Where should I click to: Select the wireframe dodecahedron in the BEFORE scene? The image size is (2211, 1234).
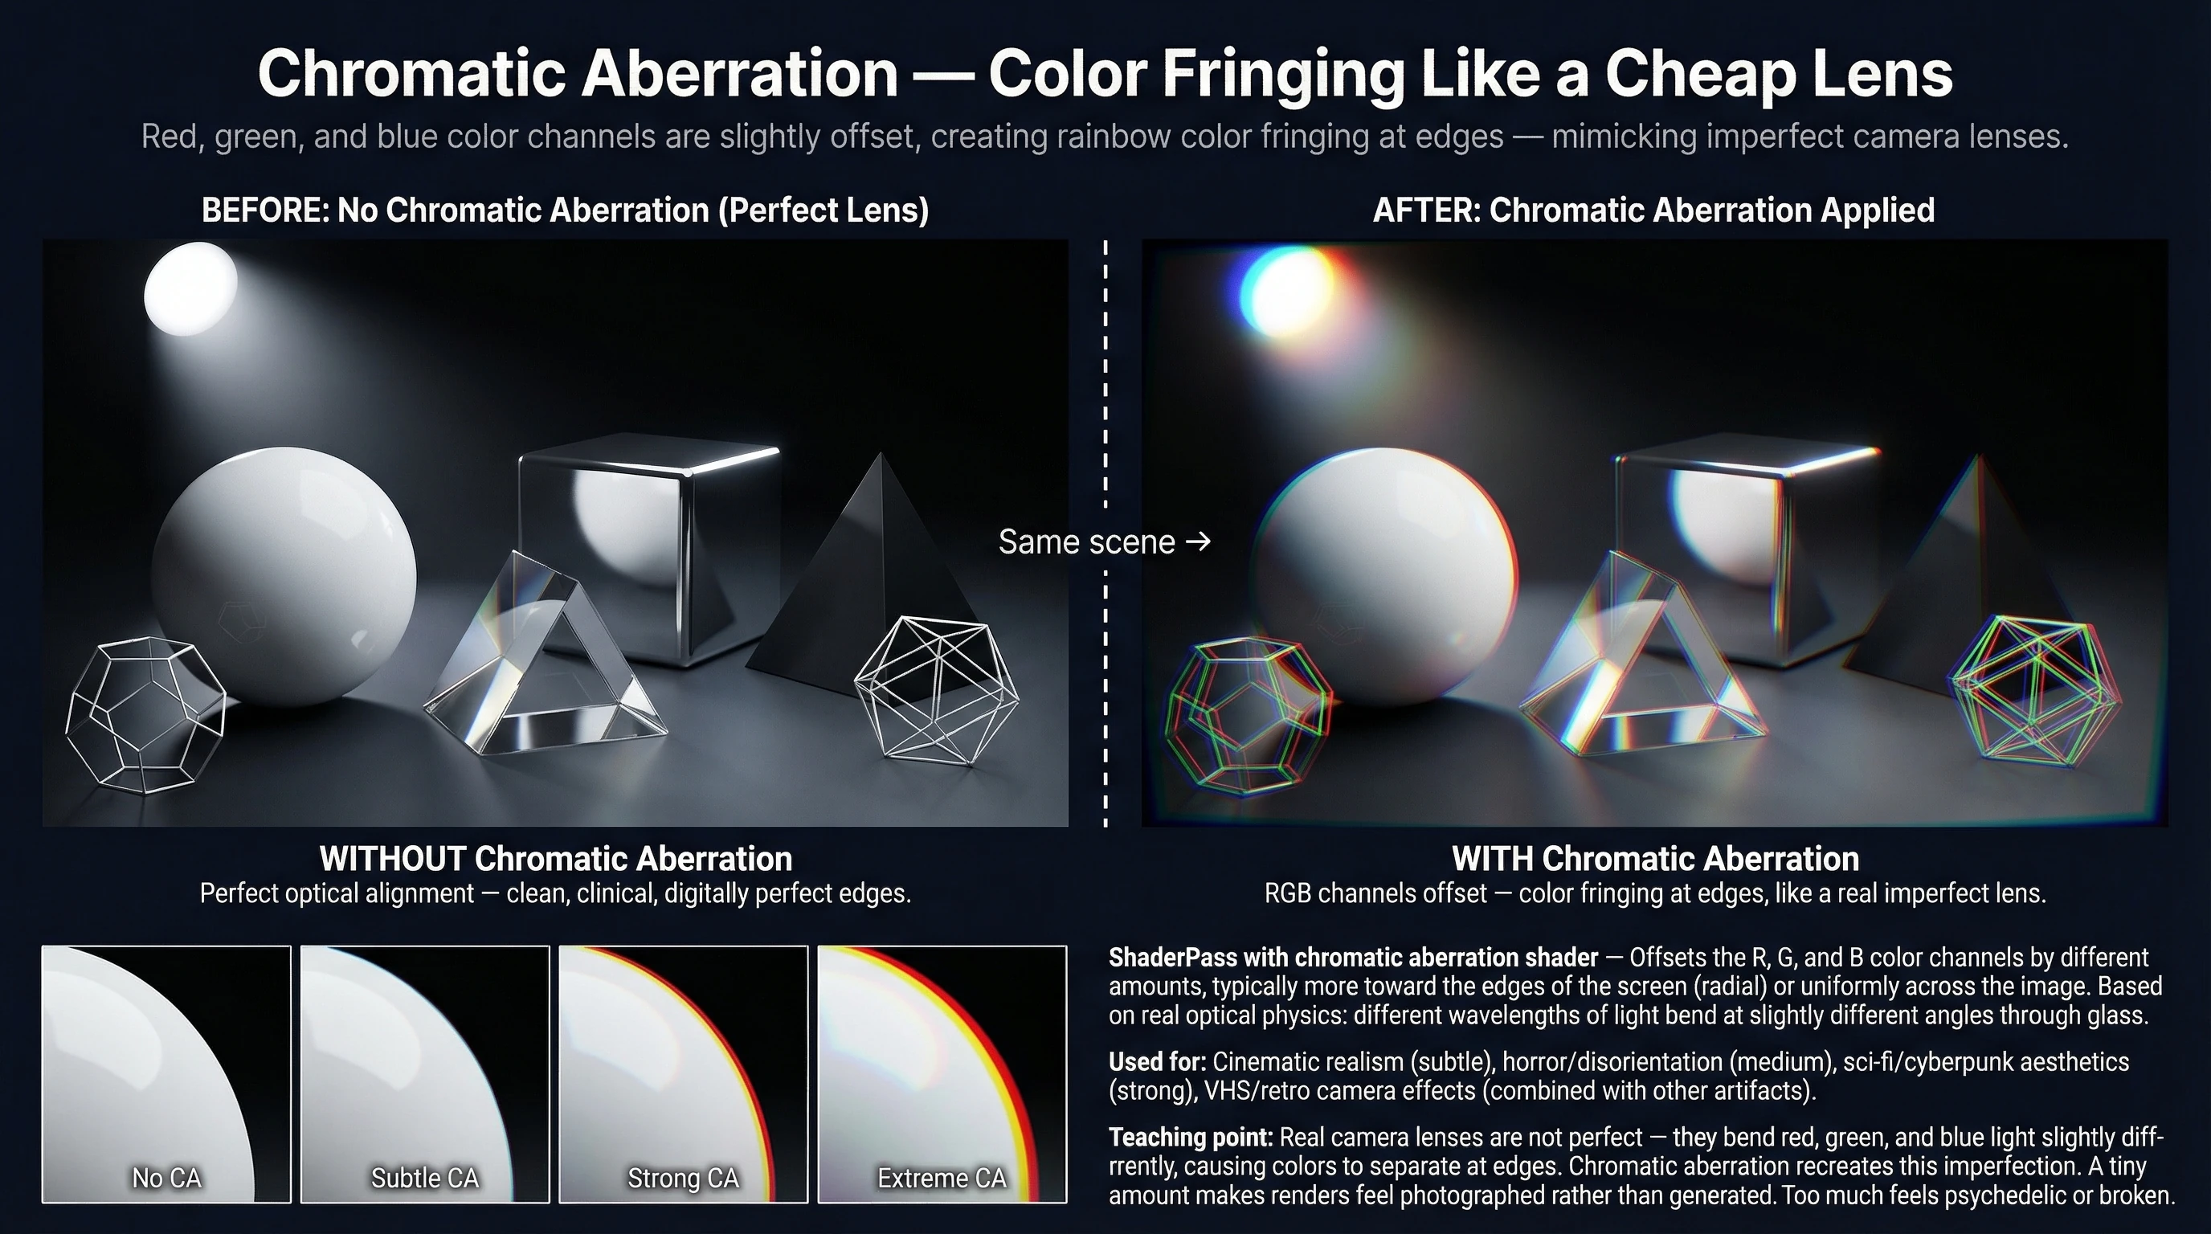[144, 714]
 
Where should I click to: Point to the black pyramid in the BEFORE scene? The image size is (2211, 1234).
[867, 583]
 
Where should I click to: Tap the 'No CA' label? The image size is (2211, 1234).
[166, 1178]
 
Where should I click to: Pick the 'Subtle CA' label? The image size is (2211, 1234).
[425, 1178]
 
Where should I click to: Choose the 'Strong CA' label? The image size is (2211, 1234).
[683, 1178]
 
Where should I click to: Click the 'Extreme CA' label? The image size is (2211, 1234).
[942, 1178]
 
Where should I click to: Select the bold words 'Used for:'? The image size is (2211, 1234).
[1157, 1061]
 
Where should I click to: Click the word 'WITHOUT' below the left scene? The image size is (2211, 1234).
[392, 858]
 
